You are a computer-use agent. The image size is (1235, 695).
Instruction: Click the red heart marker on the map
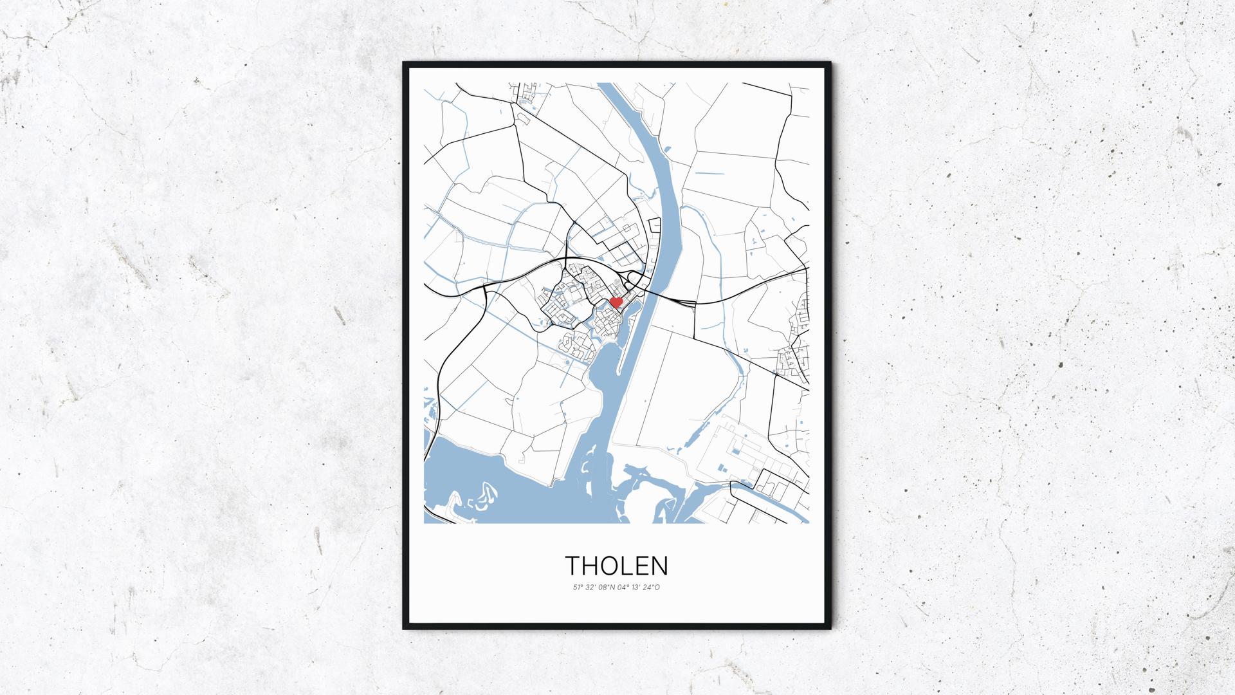click(x=616, y=301)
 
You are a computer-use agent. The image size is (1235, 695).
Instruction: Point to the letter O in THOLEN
click(x=612, y=566)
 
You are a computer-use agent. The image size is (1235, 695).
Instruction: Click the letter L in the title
click(x=630, y=566)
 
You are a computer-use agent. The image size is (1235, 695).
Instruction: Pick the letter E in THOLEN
click(x=643, y=566)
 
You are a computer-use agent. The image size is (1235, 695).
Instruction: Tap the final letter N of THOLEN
click(x=661, y=566)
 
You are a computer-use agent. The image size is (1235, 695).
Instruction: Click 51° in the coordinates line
click(x=578, y=587)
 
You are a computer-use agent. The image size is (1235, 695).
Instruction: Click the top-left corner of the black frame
click(x=404, y=63)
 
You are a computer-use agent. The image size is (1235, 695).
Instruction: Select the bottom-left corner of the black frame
click(x=404, y=628)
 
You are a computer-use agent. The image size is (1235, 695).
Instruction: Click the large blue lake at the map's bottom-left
click(x=489, y=483)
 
